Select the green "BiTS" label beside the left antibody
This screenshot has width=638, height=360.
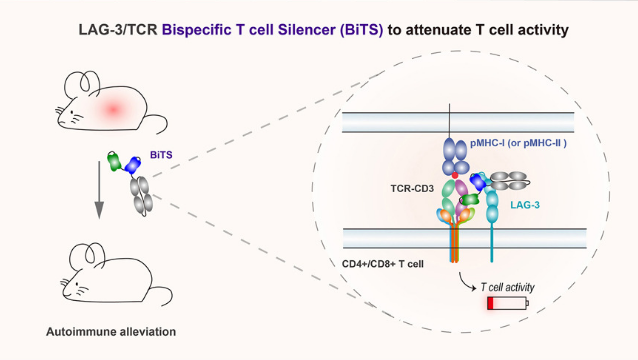pos(160,156)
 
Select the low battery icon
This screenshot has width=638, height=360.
pos(508,303)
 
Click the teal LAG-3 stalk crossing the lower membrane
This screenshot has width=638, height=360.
pos(492,240)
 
